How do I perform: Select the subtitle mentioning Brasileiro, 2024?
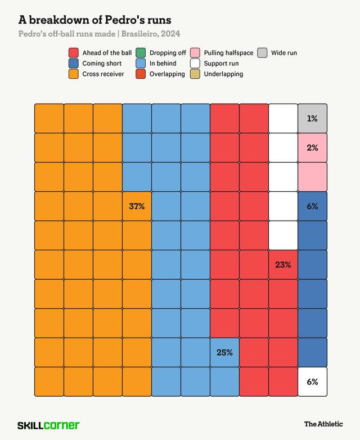(99, 34)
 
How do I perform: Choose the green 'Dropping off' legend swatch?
(141, 53)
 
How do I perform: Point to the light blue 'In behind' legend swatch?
(141, 64)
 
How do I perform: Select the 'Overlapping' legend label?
(167, 74)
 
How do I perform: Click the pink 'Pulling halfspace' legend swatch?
(195, 53)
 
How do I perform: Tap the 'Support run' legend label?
(221, 64)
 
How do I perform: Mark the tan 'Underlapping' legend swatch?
(195, 74)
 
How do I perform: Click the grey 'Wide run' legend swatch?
(262, 53)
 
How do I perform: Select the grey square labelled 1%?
(312, 118)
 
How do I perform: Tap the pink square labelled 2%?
(312, 147)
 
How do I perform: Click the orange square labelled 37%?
(137, 206)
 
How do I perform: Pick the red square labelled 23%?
(283, 264)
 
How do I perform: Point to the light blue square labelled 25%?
(224, 352)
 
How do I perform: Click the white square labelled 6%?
(312, 381)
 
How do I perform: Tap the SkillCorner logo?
(48, 425)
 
